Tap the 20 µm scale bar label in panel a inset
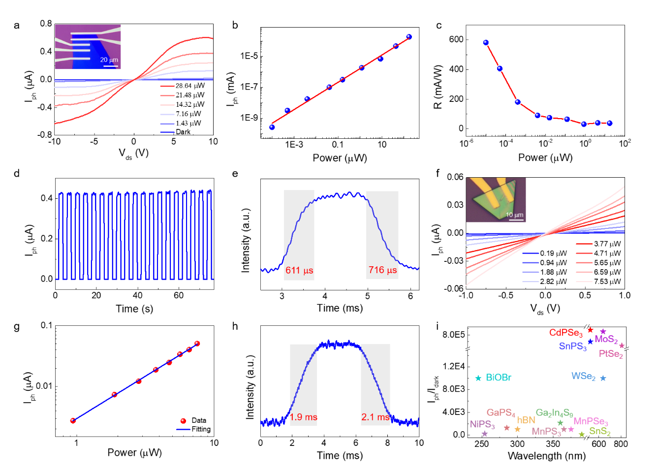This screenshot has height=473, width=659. coord(109,60)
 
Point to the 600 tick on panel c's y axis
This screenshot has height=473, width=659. coord(456,39)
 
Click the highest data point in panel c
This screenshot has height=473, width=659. coord(486,43)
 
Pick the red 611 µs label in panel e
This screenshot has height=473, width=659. coord(299,270)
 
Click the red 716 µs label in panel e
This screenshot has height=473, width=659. coord(382,270)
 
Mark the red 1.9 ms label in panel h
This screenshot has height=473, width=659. coord(303,417)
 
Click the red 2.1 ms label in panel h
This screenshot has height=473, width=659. coord(375,417)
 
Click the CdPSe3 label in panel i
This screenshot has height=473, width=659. coord(565,333)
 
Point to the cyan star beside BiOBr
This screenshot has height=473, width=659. coord(478,378)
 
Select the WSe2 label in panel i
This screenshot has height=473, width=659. coord(583,377)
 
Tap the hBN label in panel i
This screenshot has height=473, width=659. coord(526,420)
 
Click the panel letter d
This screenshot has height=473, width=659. coord(17,173)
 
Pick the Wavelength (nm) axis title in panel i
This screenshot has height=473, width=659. coord(546,456)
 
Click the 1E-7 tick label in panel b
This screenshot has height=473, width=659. coord(249,87)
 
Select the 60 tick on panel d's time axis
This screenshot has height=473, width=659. coord(179,295)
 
